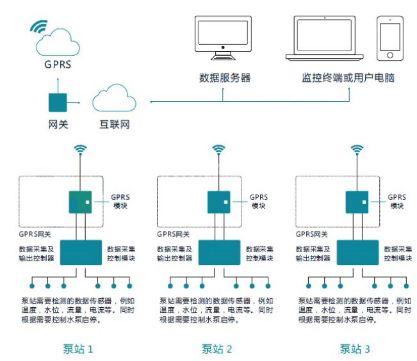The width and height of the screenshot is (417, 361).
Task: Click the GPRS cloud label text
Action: tap(58, 64)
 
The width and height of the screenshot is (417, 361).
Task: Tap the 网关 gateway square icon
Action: tap(58, 102)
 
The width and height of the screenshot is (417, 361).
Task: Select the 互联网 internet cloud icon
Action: tap(115, 99)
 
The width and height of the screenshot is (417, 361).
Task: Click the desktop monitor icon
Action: tap(223, 38)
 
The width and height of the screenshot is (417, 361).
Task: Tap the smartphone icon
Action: tap(391, 38)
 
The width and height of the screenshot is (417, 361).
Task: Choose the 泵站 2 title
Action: tap(217, 349)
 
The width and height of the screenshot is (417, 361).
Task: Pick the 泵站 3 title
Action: tap(355, 349)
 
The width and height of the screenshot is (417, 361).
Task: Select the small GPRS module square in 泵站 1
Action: tap(81, 202)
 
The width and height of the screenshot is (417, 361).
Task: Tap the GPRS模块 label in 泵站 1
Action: tap(120, 201)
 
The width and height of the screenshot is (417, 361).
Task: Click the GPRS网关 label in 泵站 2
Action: tap(175, 234)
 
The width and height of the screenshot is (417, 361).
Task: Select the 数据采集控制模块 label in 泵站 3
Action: tap(397, 253)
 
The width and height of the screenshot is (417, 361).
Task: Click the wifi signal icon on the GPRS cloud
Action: tap(39, 26)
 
